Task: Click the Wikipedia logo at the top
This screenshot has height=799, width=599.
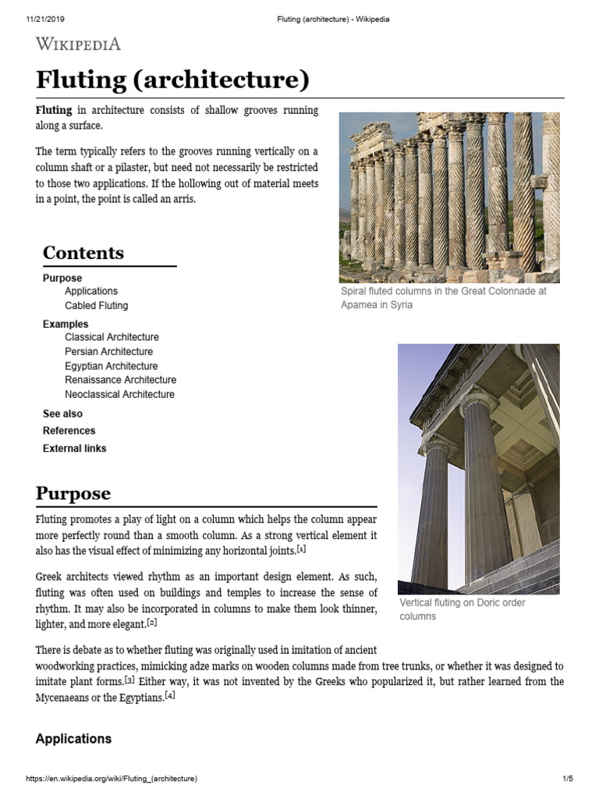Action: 78,44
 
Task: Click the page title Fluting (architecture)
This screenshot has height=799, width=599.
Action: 172,80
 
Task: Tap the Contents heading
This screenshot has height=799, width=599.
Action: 83,253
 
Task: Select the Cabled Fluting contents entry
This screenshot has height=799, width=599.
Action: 97,306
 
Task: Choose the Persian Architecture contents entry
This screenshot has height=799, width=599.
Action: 109,352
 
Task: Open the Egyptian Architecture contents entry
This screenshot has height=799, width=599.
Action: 112,366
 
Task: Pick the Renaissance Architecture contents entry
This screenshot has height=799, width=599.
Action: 121,380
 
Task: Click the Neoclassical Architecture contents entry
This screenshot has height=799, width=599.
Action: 120,395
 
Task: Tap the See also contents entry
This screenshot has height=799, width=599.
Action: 62,414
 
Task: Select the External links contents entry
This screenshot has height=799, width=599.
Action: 75,449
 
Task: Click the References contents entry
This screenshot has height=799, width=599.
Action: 69,431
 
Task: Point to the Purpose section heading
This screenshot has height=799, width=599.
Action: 73,494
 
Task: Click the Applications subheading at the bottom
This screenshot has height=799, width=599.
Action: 74,739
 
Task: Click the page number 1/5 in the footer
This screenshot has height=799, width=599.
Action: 567,779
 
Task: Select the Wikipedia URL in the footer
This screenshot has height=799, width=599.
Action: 112,779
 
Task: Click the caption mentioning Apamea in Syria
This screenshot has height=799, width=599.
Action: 444,298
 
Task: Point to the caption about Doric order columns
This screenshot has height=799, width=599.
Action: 463,609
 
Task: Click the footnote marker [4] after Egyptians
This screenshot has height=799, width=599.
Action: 170,696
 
